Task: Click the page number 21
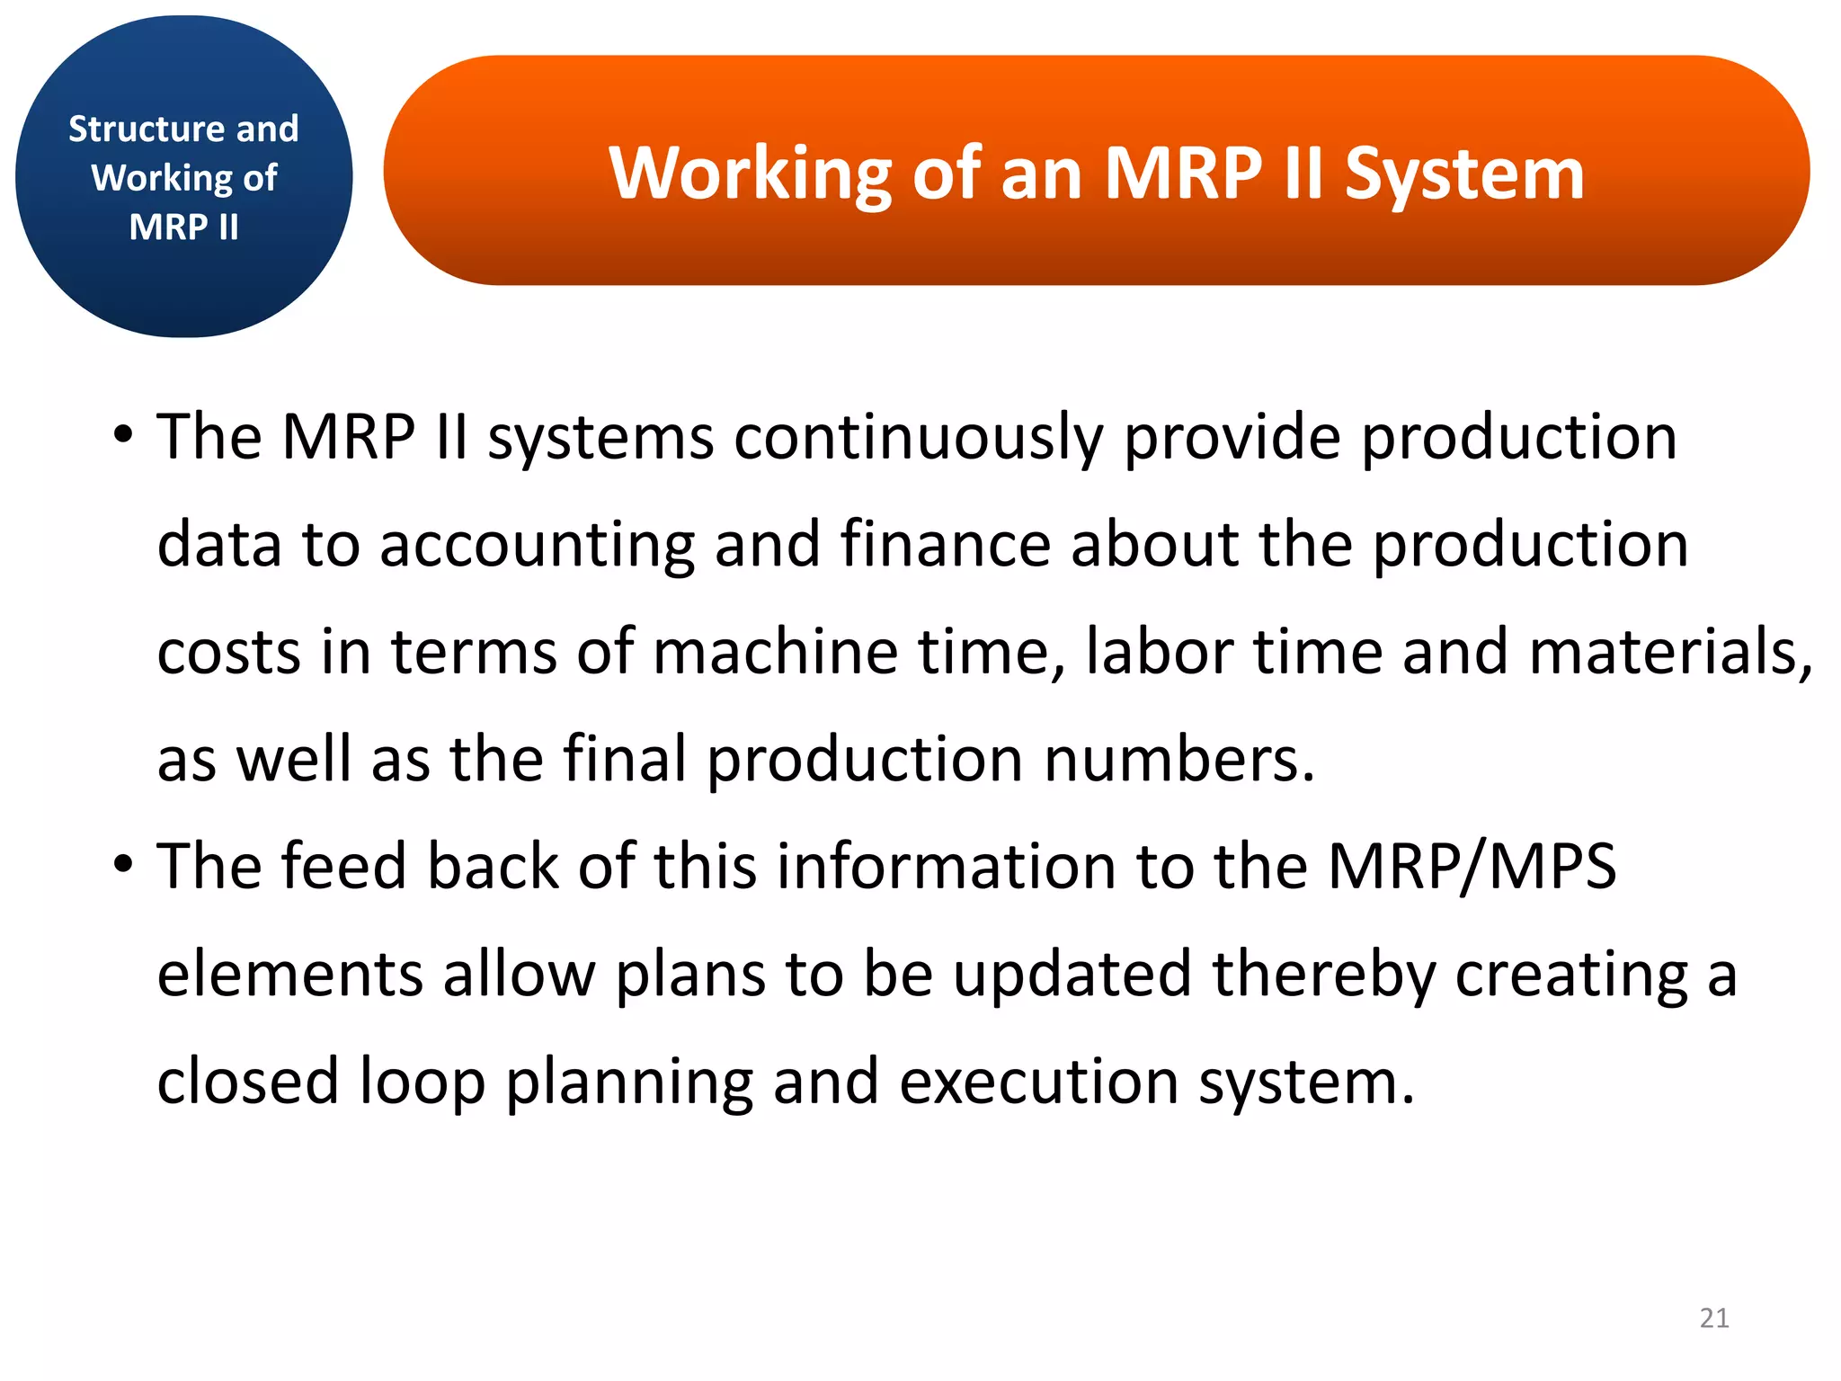(x=1714, y=1318)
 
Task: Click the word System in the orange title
(x=1464, y=174)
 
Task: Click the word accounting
(x=537, y=545)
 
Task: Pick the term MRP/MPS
(x=1472, y=867)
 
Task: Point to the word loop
(x=422, y=1083)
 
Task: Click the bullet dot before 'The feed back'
(x=123, y=865)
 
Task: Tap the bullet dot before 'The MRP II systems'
(x=123, y=435)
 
